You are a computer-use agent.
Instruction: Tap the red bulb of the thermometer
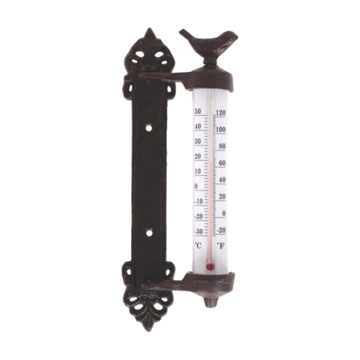coord(210,266)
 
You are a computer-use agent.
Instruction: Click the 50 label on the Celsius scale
coord(198,111)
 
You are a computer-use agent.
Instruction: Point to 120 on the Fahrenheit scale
coord(221,113)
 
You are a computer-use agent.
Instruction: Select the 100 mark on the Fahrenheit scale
coord(221,130)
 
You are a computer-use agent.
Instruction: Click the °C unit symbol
coord(198,245)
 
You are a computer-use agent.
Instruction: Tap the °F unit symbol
coord(221,246)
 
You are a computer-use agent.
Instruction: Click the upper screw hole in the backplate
coord(149,127)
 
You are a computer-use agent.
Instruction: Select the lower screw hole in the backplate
coord(149,233)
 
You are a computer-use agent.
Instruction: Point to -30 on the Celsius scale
coord(199,232)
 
